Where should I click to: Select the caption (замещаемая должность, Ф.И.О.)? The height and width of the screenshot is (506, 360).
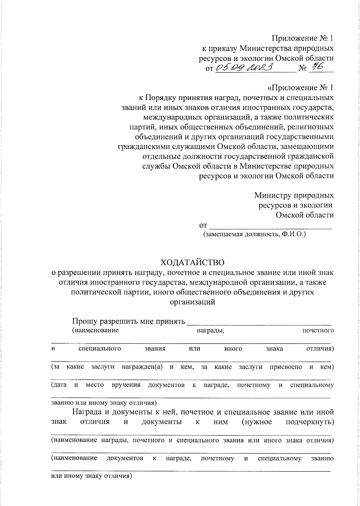(254, 234)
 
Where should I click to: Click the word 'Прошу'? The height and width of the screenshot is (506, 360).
(85, 321)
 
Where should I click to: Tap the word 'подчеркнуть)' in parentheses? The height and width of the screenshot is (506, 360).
(310, 422)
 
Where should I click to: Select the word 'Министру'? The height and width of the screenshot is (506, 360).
(272, 195)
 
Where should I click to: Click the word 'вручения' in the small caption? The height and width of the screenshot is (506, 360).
(126, 385)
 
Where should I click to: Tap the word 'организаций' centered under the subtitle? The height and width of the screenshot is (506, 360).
(192, 302)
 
